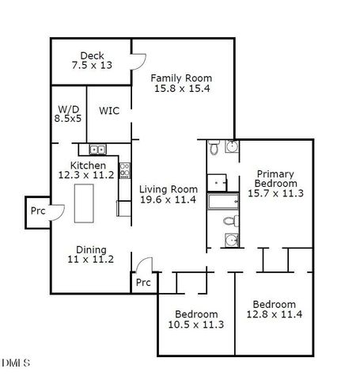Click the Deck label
click(x=92, y=55)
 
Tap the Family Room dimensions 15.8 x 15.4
click(x=182, y=89)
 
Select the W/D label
click(x=67, y=109)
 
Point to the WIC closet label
click(x=109, y=111)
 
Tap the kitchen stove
click(x=124, y=168)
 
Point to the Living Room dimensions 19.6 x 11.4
click(x=169, y=200)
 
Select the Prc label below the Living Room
click(x=142, y=283)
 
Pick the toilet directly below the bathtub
click(x=229, y=221)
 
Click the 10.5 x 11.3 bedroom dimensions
click(x=196, y=324)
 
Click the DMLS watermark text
click(x=16, y=363)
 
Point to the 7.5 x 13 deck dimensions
click(x=92, y=65)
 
